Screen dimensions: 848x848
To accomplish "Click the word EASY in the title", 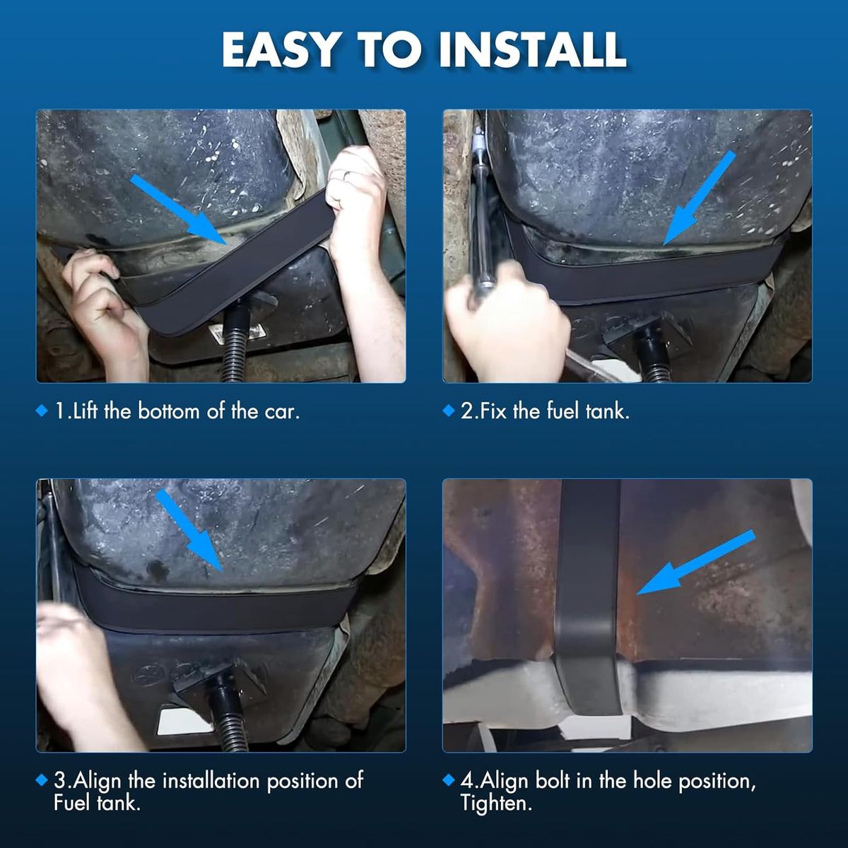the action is pos(282,49).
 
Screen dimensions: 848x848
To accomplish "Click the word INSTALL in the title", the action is pos(533,49).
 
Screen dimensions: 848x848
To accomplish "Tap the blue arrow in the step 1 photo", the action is pos(178,209).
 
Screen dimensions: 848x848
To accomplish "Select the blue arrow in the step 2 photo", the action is pos(700,198).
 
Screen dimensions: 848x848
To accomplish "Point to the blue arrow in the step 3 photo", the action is pos(189,530).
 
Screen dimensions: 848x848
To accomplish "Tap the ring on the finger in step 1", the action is pos(347,175).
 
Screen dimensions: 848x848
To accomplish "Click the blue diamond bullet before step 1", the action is pos(42,411).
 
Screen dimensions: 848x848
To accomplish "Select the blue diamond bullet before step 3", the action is pos(42,781).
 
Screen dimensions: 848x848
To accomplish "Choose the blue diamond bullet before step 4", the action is pos(448,781).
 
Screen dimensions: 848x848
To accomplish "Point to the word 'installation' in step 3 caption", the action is pos(212,781).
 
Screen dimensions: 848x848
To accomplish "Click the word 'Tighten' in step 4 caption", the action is pos(496,803).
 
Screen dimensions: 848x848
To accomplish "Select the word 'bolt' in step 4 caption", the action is pos(553,781).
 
